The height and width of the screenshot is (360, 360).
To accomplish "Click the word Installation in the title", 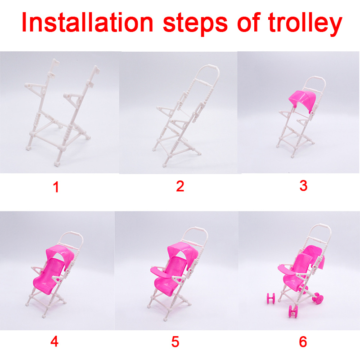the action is pos(87,22).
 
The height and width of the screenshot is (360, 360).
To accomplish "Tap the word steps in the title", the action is pos(195,24).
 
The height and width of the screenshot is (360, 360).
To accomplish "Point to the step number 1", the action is pos(56,187).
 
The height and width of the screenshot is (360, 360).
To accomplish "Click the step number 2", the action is pos(180,186).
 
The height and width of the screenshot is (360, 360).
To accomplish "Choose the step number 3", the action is pos(303,186).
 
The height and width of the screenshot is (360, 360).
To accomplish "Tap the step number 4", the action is pos(54,342).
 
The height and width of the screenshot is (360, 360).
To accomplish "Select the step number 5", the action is pos(175,342).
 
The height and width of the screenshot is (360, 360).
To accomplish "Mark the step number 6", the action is pos(303,342).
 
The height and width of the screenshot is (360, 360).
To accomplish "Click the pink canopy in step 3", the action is pos(302,98).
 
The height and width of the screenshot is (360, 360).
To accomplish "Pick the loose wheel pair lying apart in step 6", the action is pos(271,298).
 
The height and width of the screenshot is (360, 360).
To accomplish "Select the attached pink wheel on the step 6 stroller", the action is pos(318,298).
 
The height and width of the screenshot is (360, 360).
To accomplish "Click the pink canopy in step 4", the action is pos(60,252).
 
